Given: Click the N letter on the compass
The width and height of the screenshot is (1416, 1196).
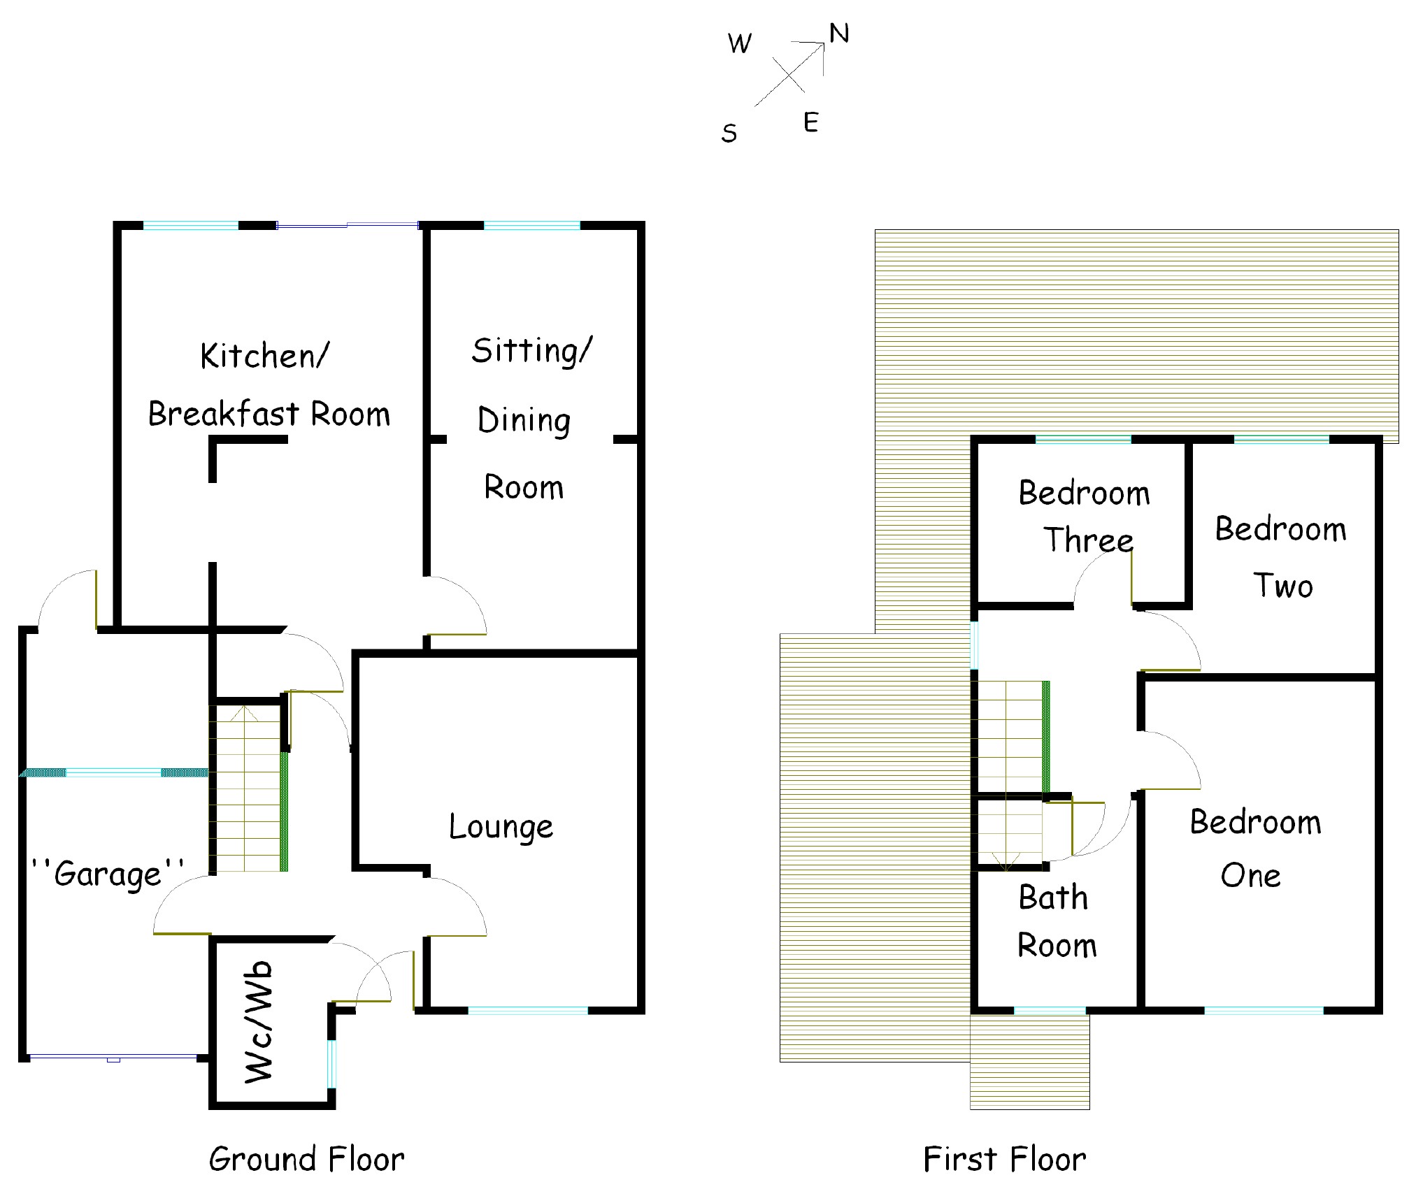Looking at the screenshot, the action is pyautogui.click(x=838, y=34).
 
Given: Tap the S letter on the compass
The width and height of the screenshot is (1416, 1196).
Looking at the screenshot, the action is pyautogui.click(x=729, y=133).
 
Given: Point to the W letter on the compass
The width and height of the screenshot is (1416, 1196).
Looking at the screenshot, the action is pyautogui.click(x=739, y=44).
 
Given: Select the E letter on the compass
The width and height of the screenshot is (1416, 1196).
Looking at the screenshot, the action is pyautogui.click(x=810, y=123).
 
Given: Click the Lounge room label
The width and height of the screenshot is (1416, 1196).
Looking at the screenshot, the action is pyautogui.click(x=501, y=827).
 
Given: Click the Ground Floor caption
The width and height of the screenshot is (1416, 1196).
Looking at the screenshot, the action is pyautogui.click(x=306, y=1159).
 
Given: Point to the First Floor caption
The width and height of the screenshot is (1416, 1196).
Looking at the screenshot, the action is pyautogui.click(x=1004, y=1159).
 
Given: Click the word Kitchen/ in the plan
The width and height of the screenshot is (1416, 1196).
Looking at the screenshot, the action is pyautogui.click(x=264, y=356).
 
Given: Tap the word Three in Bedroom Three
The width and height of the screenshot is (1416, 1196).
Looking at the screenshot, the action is pyautogui.click(x=1088, y=540).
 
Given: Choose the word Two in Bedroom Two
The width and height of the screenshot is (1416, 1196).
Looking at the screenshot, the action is pyautogui.click(x=1282, y=586).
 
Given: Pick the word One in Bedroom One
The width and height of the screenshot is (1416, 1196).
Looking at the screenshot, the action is pyautogui.click(x=1250, y=876).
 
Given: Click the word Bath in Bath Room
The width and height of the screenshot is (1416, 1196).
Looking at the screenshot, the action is pyautogui.click(x=1053, y=898).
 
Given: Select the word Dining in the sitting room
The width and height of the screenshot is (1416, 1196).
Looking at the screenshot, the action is pyautogui.click(x=524, y=421).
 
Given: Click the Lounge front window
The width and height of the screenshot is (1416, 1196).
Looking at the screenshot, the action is pyautogui.click(x=528, y=1010).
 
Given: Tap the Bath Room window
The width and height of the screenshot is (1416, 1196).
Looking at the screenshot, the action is pyautogui.click(x=1050, y=1010).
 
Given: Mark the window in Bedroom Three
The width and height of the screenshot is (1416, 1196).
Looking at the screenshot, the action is pyautogui.click(x=1082, y=440).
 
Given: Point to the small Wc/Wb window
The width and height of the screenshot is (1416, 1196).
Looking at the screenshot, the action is pyautogui.click(x=331, y=1063).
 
